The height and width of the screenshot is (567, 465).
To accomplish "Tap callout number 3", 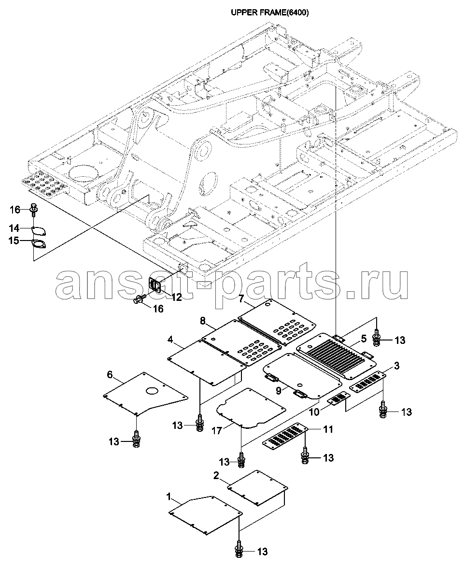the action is pyautogui.click(x=396, y=366).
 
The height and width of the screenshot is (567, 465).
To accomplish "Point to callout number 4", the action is pyautogui.click(x=170, y=340).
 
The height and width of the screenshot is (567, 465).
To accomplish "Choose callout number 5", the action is pyautogui.click(x=364, y=339).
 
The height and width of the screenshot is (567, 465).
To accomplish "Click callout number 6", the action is pyautogui.click(x=110, y=375).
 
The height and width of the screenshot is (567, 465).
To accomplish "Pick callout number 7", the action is pyautogui.click(x=241, y=299).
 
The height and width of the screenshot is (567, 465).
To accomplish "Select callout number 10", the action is pyautogui.click(x=314, y=412).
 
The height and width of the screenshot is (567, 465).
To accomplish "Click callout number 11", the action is pyautogui.click(x=328, y=429).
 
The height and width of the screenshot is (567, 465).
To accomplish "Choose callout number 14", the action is pyautogui.click(x=14, y=228).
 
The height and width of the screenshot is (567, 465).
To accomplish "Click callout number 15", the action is pyautogui.click(x=14, y=241).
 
